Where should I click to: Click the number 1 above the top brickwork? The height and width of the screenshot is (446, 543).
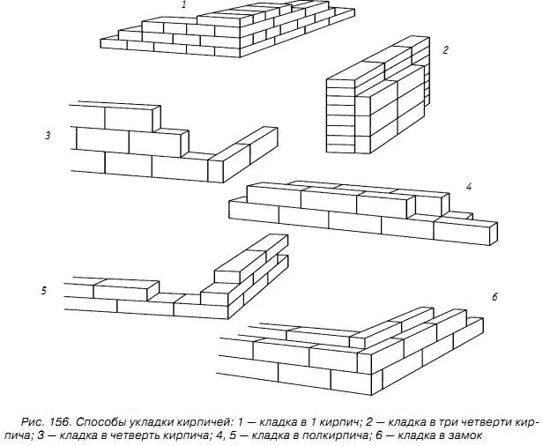pos(183,5)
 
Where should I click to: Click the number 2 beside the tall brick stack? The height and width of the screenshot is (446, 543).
pos(445,50)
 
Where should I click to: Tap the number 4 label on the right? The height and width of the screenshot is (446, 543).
pos(469,187)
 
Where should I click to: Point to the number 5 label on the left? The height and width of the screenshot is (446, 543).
pos(44,289)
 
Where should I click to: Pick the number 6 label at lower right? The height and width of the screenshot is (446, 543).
pos(495,297)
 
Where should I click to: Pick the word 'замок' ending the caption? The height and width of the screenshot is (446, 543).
pos(464,434)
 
